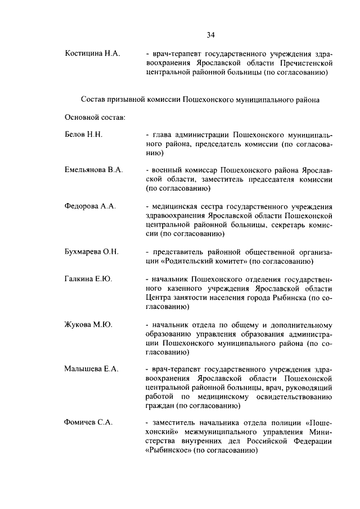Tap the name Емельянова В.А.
tap(93, 170)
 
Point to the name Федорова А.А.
tap(90, 206)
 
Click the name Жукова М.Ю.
tap(88, 325)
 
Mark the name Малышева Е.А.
tap(91, 369)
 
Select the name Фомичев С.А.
tap(88, 423)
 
